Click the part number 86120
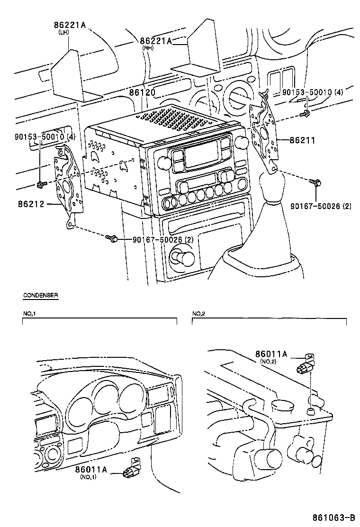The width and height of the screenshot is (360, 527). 142,92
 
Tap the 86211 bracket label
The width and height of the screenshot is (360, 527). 302,140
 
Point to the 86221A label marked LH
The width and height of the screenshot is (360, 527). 70,25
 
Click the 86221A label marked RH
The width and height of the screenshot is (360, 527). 156,41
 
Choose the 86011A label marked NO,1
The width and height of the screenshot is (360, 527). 91,469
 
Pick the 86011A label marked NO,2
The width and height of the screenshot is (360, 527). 271,354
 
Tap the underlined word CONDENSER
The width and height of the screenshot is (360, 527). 41,295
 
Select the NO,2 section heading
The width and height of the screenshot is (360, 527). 199,314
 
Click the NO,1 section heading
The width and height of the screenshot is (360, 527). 29,314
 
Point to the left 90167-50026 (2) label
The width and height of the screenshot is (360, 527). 163,239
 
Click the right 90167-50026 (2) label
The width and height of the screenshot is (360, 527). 321,206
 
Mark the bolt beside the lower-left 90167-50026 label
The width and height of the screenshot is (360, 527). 111,238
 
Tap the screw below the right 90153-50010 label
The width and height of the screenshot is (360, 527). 305,114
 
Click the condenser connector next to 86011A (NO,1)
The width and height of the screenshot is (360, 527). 131,469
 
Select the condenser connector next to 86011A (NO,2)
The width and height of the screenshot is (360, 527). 305,363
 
